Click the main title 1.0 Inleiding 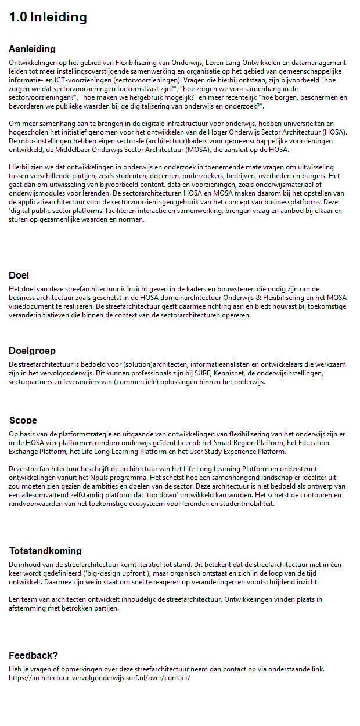click(48, 17)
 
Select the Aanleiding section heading click(32, 49)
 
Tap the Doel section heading click(19, 275)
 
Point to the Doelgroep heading click(32, 351)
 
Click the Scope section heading click(23, 420)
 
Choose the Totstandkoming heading click(45, 551)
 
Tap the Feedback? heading click(33, 655)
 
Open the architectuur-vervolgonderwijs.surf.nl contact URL click(99, 677)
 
